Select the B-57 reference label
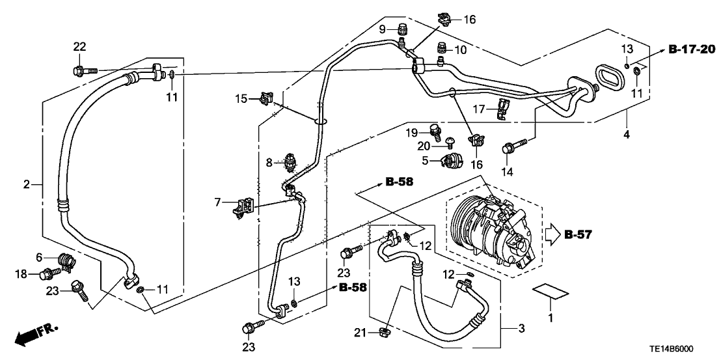point(578,234)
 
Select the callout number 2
point(27,185)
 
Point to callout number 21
point(359,333)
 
